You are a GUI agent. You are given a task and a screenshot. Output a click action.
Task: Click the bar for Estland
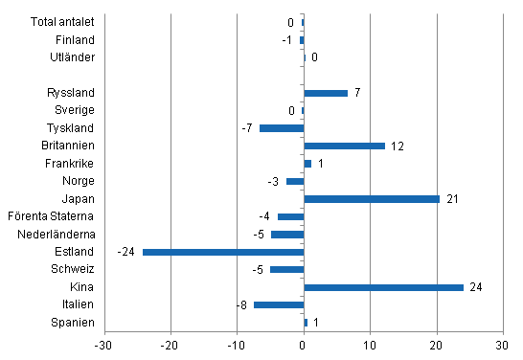223,252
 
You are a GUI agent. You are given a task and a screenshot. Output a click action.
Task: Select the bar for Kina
383,287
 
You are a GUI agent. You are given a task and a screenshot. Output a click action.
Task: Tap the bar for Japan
372,199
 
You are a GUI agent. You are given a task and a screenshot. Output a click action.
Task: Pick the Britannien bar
344,146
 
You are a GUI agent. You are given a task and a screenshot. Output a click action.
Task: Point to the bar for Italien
279,304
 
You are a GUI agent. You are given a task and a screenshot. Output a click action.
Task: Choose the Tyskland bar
282,128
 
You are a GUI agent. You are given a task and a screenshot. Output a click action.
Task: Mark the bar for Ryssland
326,93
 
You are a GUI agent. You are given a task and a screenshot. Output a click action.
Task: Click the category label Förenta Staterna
51,216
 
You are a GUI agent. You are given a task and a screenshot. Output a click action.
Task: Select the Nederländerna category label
55,234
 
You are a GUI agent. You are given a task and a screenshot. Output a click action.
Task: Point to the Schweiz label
74,269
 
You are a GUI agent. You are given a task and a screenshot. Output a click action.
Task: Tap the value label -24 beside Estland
126,252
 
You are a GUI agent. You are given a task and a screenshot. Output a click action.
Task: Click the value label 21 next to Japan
452,199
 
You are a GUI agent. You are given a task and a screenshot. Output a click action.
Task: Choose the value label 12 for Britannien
398,146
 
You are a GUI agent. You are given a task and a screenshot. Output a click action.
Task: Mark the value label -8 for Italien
242,304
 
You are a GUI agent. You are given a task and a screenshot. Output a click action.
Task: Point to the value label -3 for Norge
275,181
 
